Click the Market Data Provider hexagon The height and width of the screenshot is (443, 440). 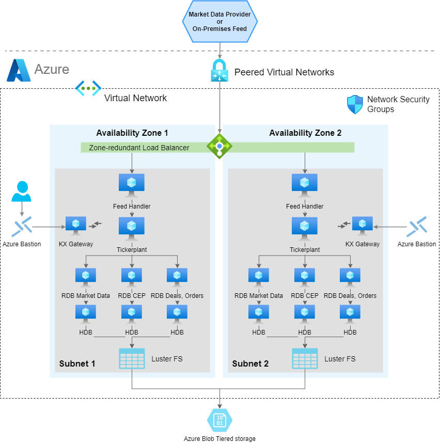219,22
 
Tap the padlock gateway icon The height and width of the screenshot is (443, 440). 219,70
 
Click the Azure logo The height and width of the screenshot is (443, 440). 19,70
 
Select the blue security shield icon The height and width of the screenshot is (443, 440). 355,104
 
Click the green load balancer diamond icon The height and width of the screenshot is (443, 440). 219,146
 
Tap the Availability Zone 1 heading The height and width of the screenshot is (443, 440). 132,133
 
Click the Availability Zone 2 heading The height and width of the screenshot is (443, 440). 305,133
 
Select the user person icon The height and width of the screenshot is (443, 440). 21,192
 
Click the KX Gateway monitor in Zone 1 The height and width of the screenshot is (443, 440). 76,226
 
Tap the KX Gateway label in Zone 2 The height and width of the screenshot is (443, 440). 363,244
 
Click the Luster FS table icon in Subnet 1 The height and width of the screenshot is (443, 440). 132,358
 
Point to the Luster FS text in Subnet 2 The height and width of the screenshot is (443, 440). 340,358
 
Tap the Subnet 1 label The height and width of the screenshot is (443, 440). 77,363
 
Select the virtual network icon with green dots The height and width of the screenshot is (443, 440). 88,88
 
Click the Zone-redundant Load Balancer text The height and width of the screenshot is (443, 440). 139,148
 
